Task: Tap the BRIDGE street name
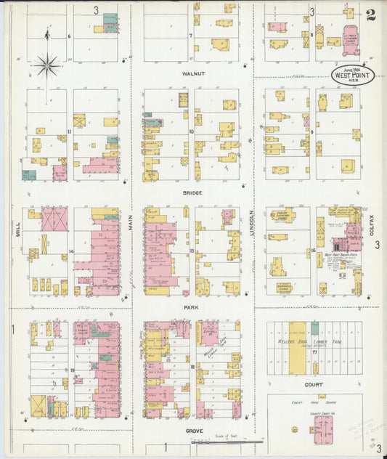click(x=192, y=192)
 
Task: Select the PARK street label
click(x=192, y=308)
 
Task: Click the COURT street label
click(x=314, y=385)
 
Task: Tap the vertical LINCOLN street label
click(x=253, y=222)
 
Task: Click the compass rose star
click(x=47, y=67)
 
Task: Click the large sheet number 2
click(x=370, y=15)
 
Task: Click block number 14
click(x=70, y=251)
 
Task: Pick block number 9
click(x=311, y=132)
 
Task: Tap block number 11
click(x=69, y=132)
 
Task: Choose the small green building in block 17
click(x=314, y=328)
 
